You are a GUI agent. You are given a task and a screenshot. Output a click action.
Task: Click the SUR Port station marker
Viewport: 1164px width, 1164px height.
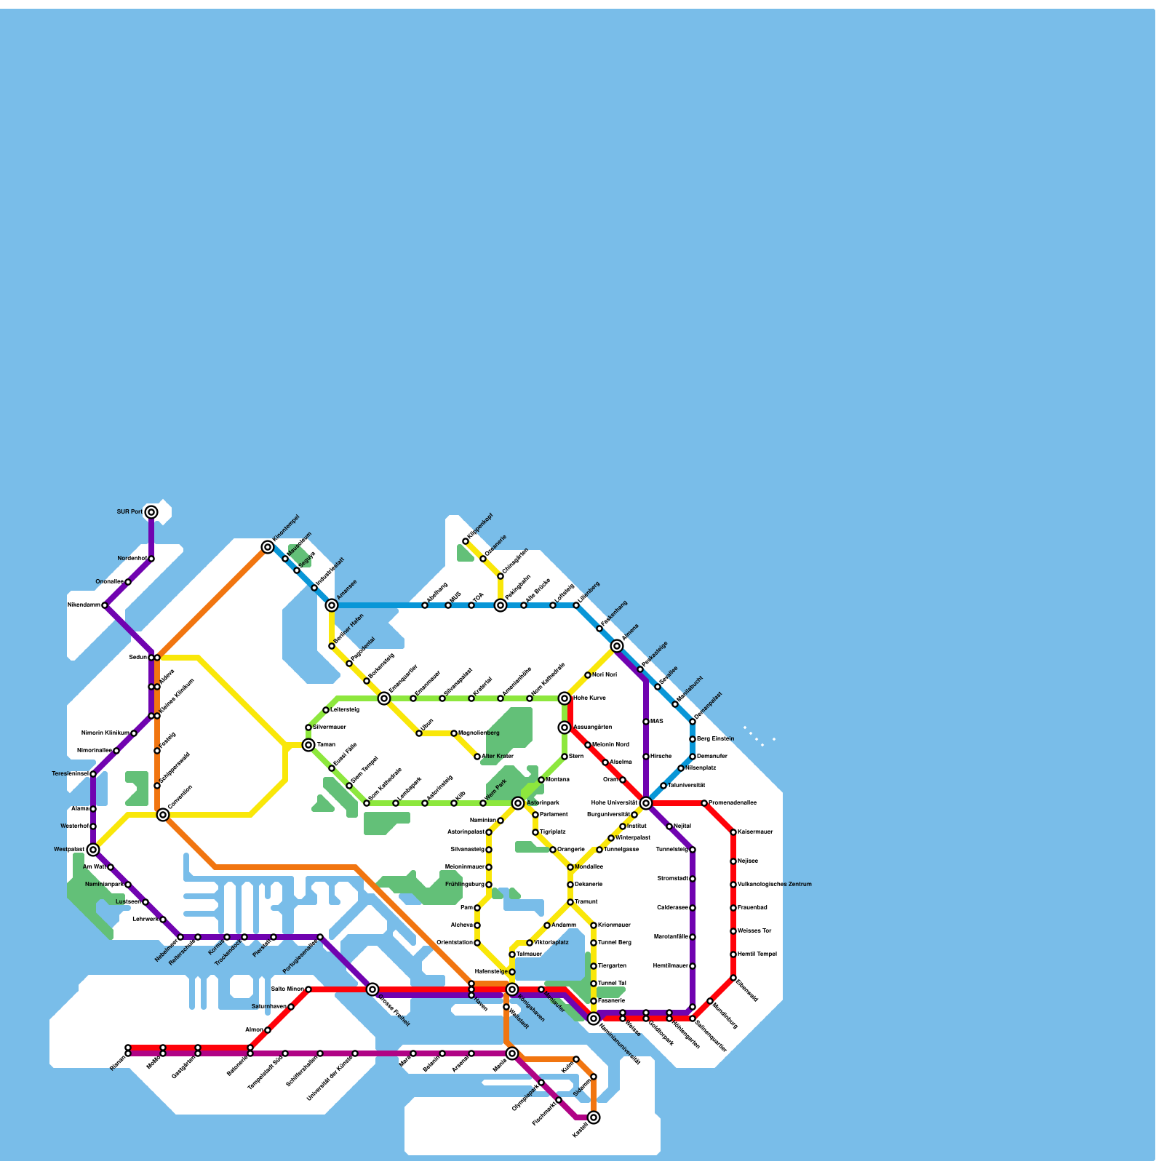click(x=151, y=512)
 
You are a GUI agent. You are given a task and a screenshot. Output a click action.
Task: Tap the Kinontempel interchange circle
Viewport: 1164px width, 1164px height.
click(x=268, y=547)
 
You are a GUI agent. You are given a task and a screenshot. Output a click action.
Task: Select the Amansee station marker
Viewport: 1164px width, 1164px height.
click(x=332, y=605)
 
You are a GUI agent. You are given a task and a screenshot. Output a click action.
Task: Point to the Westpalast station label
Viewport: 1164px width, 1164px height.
click(x=69, y=850)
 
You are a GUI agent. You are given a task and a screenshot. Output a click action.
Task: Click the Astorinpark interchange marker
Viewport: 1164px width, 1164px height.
click(x=518, y=803)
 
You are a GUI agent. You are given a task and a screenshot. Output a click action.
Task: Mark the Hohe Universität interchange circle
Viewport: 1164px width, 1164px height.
click(x=646, y=803)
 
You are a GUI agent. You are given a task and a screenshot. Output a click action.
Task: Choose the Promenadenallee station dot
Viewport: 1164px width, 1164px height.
click(x=704, y=803)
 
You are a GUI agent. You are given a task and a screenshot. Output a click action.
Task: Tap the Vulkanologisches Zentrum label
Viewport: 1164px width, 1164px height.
click(x=774, y=885)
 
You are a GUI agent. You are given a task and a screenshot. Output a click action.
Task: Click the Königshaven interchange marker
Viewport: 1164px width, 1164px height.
click(x=512, y=989)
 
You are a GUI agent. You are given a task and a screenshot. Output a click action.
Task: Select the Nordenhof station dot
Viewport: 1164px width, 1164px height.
click(x=151, y=559)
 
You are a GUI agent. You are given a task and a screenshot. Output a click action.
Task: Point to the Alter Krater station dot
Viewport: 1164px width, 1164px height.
click(x=477, y=757)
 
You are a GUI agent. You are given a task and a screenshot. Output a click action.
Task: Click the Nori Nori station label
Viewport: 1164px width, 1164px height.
click(x=605, y=675)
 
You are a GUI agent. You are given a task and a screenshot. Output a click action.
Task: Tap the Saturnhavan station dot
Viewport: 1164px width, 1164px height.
click(x=291, y=1007)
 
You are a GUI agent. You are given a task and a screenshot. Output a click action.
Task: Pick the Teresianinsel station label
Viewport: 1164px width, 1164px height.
click(x=71, y=774)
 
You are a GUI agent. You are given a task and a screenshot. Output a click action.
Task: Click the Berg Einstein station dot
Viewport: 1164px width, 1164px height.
click(x=693, y=739)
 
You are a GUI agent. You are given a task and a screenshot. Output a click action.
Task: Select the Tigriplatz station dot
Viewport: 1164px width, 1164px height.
click(x=535, y=832)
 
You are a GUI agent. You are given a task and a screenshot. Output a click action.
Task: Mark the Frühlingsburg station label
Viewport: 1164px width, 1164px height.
click(x=464, y=885)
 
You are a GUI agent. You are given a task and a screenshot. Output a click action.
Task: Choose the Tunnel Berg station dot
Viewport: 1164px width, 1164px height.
click(x=594, y=943)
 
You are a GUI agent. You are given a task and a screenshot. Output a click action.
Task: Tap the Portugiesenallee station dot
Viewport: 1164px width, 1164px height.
click(x=320, y=937)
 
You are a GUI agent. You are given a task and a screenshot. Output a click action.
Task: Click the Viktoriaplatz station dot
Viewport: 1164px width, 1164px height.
click(x=530, y=943)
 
